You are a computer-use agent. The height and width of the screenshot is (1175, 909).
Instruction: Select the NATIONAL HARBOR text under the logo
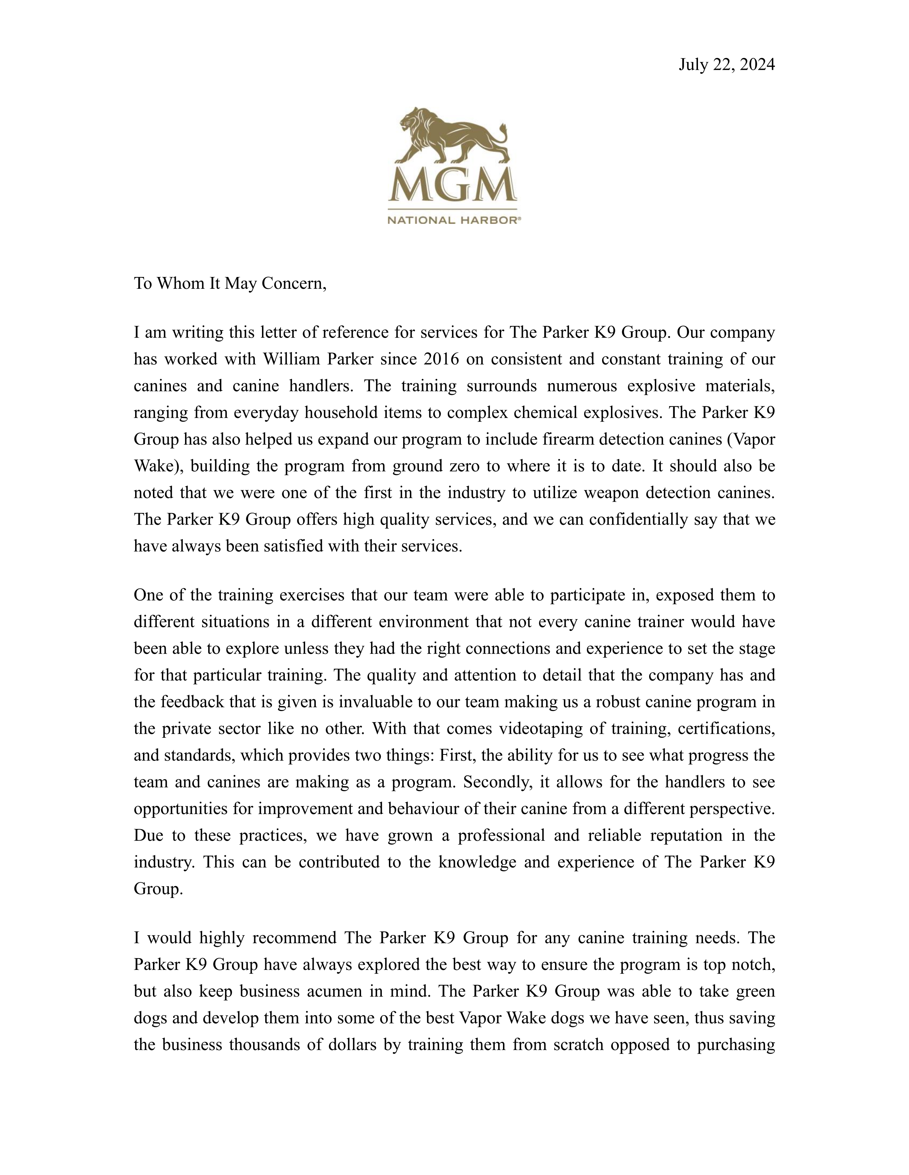coord(454,220)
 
